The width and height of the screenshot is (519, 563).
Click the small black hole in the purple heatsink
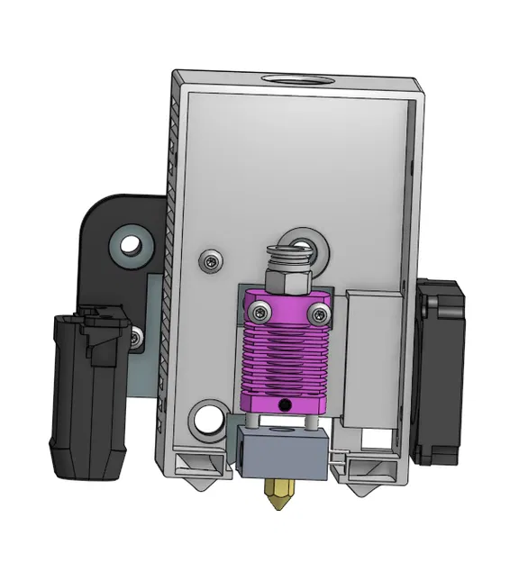coord(287,404)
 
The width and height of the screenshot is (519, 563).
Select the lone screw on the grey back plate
coord(210,261)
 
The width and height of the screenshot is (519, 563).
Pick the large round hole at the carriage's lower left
coord(207,418)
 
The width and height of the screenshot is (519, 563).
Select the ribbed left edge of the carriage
coord(169,270)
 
